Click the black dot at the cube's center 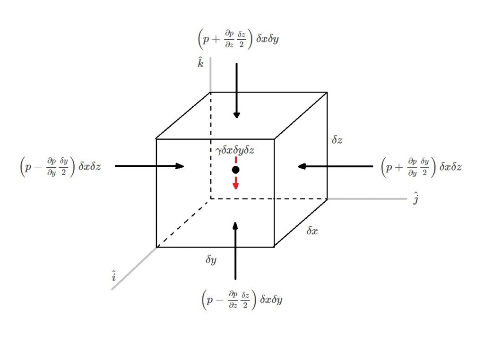coord(235,170)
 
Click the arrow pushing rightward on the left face coord(149,166)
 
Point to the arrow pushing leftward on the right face coord(335,166)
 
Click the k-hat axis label coord(201,63)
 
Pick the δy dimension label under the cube coord(211,259)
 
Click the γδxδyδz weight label coord(235,151)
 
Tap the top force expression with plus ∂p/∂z coord(238,39)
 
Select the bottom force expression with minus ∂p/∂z coord(242,300)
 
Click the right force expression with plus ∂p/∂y coord(421,166)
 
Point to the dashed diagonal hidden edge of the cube coord(183,223)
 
